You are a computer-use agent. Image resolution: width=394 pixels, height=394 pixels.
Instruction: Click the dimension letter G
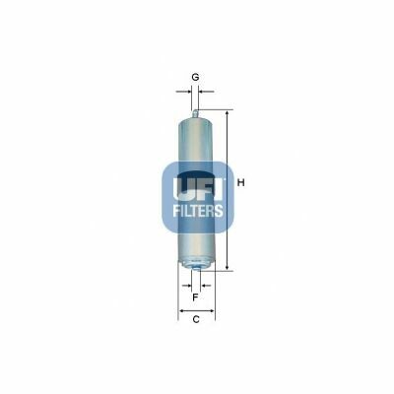point(195,78)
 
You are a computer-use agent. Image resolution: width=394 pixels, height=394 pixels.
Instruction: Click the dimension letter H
point(241,183)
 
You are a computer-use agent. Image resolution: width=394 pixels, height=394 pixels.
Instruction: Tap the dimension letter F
point(195,297)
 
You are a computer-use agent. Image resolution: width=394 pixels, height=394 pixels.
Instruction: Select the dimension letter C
point(196,319)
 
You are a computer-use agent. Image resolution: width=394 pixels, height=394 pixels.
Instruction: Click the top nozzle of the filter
point(196,113)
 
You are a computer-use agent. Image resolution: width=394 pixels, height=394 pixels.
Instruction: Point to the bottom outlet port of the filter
point(196,269)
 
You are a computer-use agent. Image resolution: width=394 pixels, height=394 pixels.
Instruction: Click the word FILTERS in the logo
point(198,211)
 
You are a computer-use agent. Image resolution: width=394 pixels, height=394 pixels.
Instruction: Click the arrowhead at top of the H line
point(227,113)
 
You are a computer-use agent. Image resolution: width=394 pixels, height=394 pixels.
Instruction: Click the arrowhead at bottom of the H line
point(227,268)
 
